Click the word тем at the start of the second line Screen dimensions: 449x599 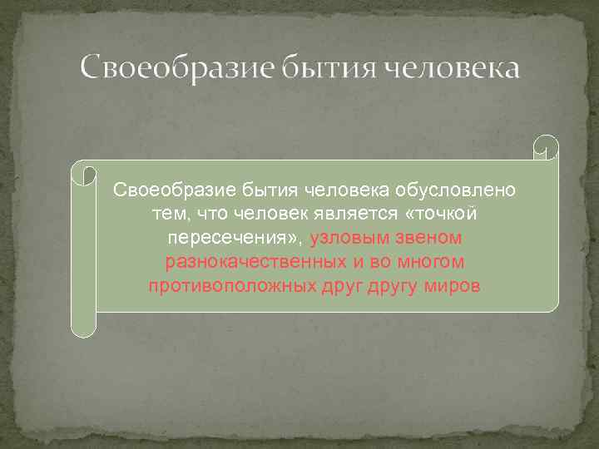pos(168,215)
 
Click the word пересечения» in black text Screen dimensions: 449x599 pos(235,239)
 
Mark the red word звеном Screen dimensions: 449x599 pos(431,239)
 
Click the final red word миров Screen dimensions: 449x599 pos(452,287)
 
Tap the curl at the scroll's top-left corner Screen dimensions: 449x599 pos(84,173)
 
